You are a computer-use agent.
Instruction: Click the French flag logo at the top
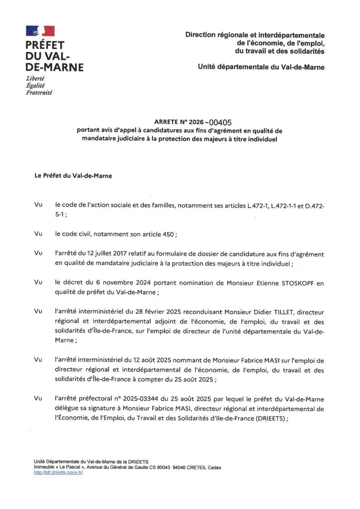coord(40,31)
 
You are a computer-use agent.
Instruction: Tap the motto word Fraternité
coord(39,92)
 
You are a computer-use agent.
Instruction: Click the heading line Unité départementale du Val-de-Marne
coord(261,67)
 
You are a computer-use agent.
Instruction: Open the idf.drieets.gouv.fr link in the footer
coord(58,472)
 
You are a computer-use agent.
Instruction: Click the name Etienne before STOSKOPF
coord(253,283)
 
